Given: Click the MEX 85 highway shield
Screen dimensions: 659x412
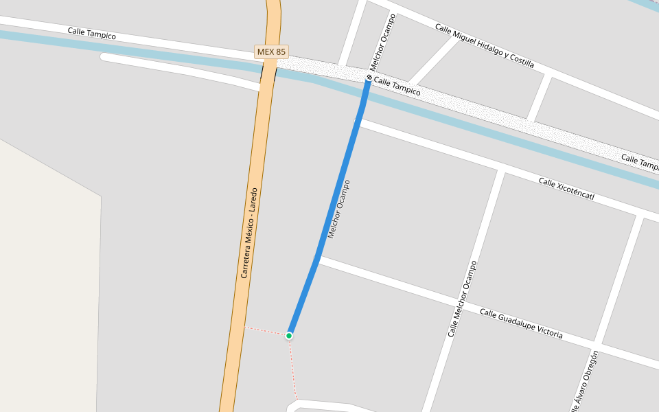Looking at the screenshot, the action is coord(271,51).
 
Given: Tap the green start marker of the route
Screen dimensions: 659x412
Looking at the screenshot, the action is coord(289,335).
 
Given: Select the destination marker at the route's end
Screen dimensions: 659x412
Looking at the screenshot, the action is coord(369,78).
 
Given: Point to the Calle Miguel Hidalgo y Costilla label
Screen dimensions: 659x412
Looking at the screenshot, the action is coord(484,45).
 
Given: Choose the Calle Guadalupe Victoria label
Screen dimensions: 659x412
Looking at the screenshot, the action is coord(521,323).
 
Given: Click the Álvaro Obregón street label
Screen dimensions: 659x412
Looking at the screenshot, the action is coord(584,382).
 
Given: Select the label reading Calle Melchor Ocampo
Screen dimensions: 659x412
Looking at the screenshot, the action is coord(461,299).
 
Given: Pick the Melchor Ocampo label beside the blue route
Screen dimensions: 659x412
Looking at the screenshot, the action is coord(339,209).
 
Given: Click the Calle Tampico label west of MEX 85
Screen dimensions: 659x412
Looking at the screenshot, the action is coord(91,34).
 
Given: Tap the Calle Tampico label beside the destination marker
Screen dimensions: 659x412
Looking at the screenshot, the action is coord(397,87).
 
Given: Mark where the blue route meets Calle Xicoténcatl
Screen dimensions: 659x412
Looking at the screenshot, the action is coord(359,122).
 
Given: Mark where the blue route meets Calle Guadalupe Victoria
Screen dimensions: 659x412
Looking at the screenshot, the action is coord(316,259).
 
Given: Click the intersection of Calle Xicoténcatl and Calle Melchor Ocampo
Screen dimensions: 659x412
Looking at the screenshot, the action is coord(500,169).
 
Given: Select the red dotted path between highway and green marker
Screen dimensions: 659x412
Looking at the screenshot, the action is coord(266,331).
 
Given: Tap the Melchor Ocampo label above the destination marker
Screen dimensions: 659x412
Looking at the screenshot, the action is coord(382,43).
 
